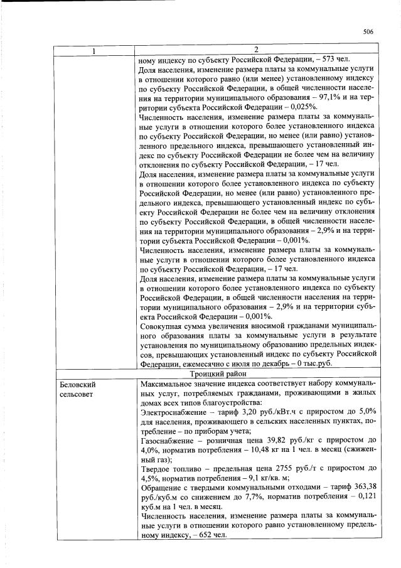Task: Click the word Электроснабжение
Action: coord(171,412)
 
